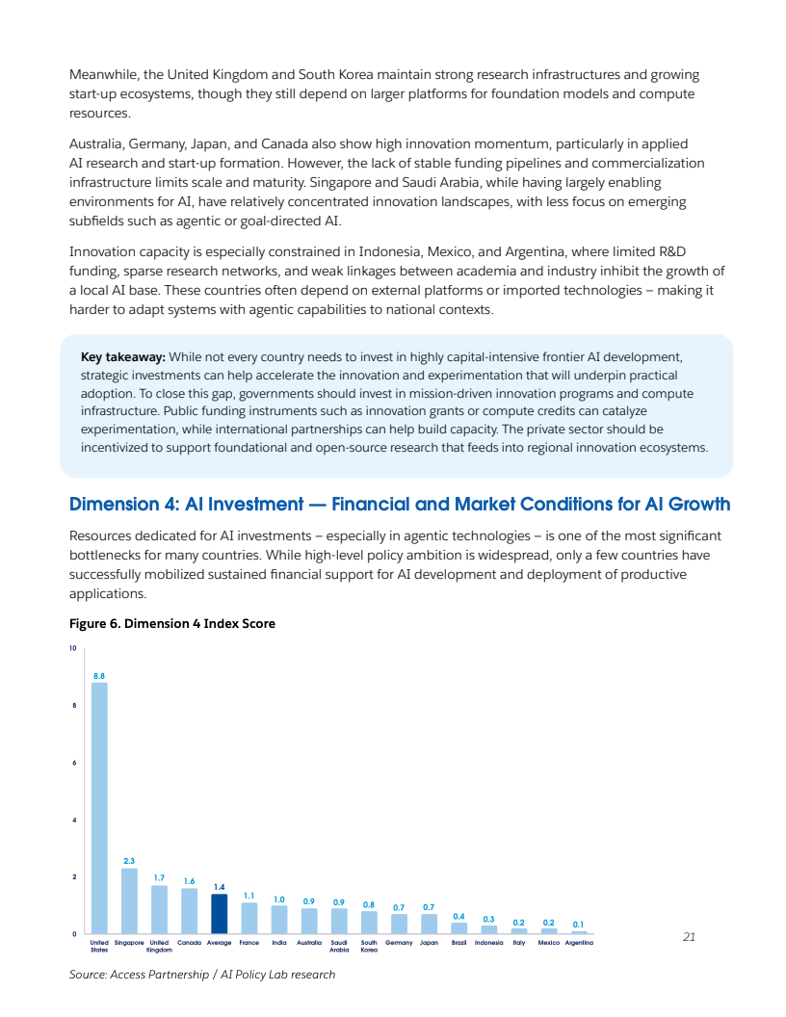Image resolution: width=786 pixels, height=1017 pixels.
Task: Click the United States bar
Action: (99, 808)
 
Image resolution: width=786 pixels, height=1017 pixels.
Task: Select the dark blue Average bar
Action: (219, 914)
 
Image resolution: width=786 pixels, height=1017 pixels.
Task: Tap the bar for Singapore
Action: (129, 901)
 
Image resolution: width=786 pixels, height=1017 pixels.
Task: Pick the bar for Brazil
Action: (458, 928)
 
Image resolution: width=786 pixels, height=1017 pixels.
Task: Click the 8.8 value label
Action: (99, 676)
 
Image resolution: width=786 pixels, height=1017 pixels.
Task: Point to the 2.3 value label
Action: (129, 861)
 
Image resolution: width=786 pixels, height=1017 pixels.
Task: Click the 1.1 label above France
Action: (249, 895)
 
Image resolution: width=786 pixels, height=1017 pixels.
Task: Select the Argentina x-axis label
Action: (579, 943)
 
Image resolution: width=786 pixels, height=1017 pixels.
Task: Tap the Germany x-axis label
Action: (399, 943)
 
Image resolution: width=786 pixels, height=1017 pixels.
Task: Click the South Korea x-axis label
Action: (369, 946)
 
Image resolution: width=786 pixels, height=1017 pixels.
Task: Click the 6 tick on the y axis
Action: (74, 763)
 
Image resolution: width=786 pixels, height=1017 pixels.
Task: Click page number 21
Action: (688, 936)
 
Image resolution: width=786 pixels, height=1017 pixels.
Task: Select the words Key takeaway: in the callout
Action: (123, 357)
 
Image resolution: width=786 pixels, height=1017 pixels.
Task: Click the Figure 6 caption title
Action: (172, 624)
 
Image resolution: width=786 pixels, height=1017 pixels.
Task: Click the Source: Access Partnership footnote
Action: (202, 975)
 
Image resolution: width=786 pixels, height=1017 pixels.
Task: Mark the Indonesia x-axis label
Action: (489, 943)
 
